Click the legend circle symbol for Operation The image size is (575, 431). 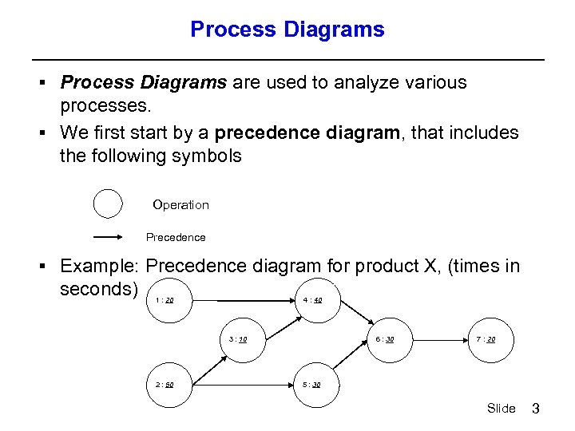108,204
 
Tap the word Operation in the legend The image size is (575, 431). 180,205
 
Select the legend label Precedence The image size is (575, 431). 176,237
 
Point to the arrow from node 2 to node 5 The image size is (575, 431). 244,384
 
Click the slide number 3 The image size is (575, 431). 536,409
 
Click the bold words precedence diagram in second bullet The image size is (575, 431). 307,132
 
